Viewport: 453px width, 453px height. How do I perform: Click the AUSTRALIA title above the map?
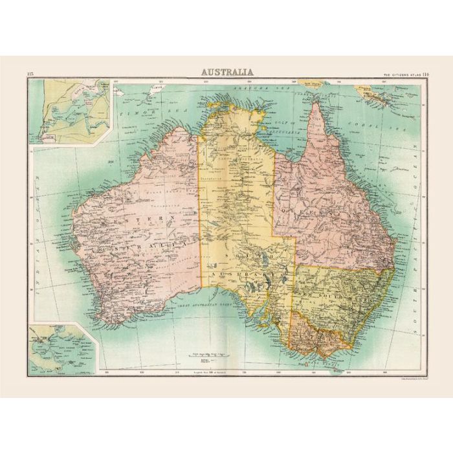226,72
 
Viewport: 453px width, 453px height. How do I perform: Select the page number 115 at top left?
30,73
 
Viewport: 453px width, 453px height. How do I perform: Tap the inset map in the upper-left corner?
70,111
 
